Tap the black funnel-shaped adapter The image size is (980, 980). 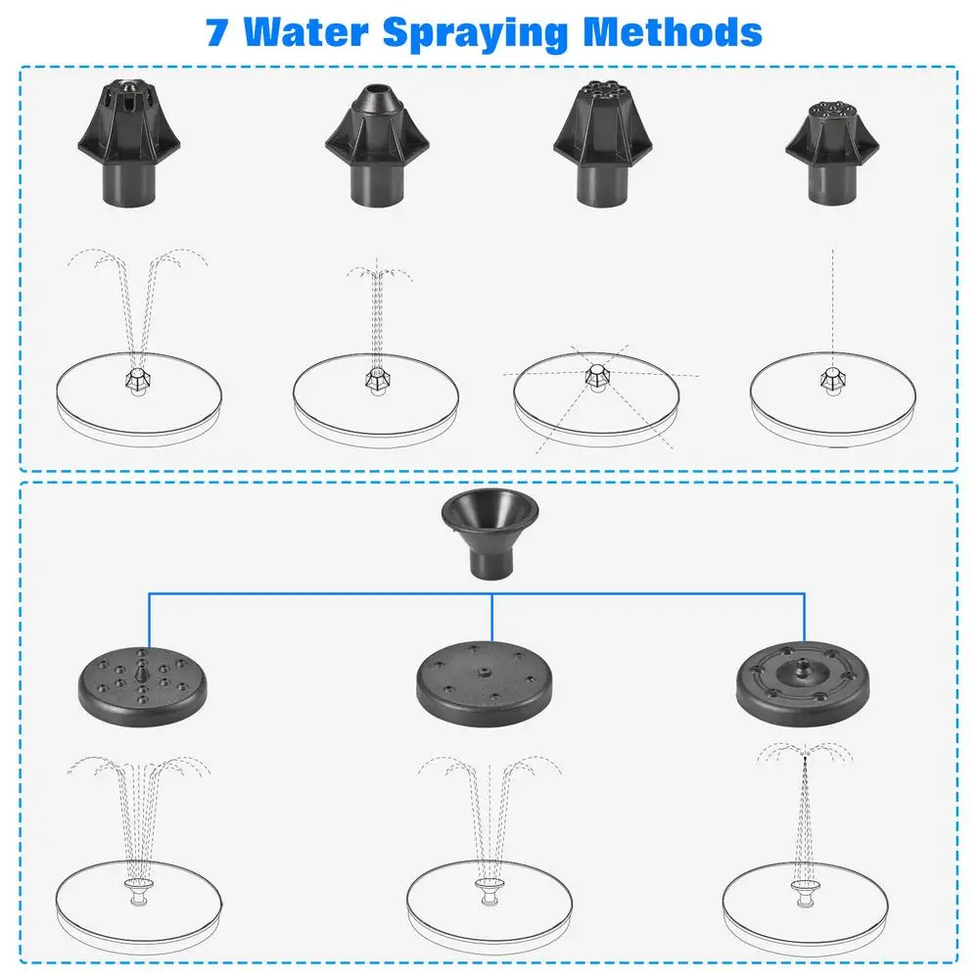point(490,534)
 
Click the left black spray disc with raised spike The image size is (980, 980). point(143,681)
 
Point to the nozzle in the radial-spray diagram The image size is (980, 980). point(595,376)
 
